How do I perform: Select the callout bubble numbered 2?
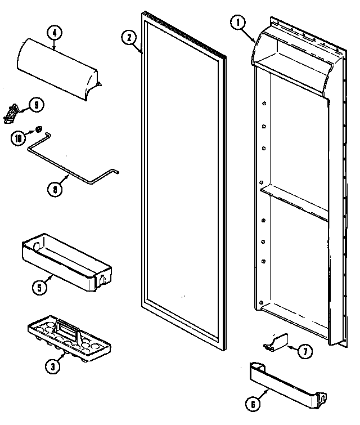(x=129, y=38)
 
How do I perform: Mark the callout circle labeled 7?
(x=304, y=352)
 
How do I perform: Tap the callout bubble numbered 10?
(x=19, y=137)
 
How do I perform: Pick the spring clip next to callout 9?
(x=10, y=113)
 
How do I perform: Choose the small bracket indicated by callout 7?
(x=276, y=342)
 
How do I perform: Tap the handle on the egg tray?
(x=66, y=326)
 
